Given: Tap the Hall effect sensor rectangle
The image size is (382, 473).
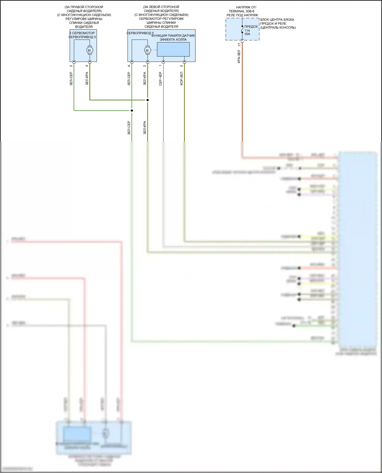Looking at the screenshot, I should (173, 49).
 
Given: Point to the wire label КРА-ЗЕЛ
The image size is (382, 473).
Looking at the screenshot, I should (239, 56).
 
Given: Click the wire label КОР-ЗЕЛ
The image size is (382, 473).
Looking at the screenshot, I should (182, 78).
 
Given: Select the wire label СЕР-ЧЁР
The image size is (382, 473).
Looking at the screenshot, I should (160, 79).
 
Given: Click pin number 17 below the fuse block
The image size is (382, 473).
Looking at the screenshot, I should (239, 44).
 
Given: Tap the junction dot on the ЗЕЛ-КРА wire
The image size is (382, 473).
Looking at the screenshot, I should (147, 100).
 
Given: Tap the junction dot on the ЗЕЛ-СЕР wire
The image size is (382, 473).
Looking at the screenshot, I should (132, 111).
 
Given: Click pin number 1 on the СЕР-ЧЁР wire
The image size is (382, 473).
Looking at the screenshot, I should (160, 66).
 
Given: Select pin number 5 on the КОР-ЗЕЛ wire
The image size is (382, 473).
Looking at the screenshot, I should (182, 66).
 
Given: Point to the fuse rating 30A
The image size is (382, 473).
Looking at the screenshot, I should (247, 34).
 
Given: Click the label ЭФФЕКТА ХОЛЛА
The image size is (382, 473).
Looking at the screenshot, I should (173, 39).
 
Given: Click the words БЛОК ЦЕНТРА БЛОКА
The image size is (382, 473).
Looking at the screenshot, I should (277, 20).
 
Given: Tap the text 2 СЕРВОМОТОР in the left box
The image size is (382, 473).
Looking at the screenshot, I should (82, 33).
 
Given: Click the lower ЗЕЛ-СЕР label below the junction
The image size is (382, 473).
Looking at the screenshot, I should (129, 128).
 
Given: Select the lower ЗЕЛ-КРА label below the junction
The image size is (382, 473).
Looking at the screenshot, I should (145, 128).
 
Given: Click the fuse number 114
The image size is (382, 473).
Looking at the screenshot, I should (247, 30).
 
